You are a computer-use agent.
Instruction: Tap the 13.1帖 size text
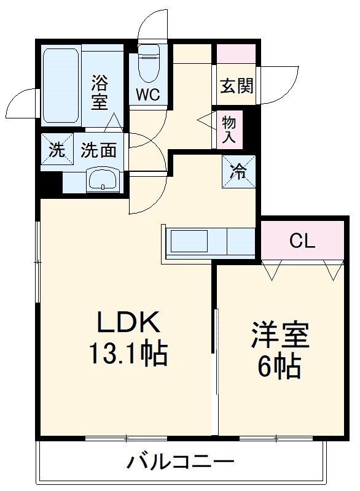coord(130,354)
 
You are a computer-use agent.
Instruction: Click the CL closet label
coord(302,241)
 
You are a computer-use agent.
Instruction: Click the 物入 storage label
coord(229,130)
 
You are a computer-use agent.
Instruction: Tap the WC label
coord(148,95)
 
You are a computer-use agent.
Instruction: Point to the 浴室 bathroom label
coord(100,91)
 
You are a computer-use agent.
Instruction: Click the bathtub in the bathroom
coord(61,85)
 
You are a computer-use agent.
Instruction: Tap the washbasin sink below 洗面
coord(101,180)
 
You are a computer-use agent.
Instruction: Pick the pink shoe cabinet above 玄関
coord(237,53)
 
